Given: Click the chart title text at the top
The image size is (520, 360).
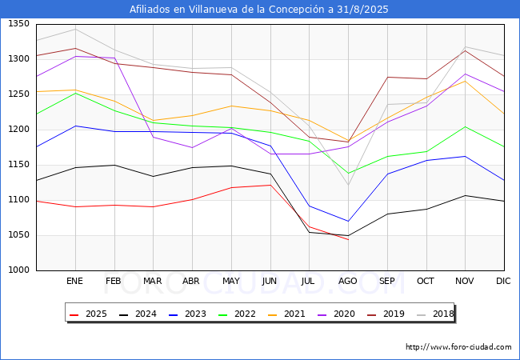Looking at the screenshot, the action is [x=258, y=10].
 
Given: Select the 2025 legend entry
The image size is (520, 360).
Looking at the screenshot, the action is [x=88, y=314].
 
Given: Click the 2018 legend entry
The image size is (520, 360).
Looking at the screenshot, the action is [x=435, y=314].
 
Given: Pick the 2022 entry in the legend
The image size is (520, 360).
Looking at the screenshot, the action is [x=237, y=314].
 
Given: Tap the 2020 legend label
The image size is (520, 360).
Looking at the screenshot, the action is [x=344, y=314].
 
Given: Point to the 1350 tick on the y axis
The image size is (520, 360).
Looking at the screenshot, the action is [x=19, y=23].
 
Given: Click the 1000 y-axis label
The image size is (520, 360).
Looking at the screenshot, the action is [x=19, y=270].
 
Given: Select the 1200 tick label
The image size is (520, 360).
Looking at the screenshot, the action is [x=19, y=130].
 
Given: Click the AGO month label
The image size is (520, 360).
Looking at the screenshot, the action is [x=347, y=281].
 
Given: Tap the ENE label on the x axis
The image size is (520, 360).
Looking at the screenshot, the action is [x=74, y=281].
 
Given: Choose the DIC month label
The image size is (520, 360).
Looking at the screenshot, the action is [x=503, y=281].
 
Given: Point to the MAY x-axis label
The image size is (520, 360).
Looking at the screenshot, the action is [x=231, y=281].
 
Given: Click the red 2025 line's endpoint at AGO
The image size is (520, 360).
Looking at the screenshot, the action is [x=348, y=240].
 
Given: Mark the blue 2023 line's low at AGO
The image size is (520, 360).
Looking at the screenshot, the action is [x=348, y=221].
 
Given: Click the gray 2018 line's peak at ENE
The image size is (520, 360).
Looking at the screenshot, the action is [x=76, y=29].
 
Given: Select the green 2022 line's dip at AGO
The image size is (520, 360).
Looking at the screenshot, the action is [x=348, y=173].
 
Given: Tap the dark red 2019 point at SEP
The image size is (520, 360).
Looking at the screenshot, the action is [x=388, y=78].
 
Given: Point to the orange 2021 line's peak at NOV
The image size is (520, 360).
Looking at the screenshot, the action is [x=466, y=81].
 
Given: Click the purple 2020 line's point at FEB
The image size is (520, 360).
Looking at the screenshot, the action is [x=114, y=58].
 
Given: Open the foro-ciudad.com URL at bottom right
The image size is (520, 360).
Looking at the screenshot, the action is [x=458, y=347].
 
